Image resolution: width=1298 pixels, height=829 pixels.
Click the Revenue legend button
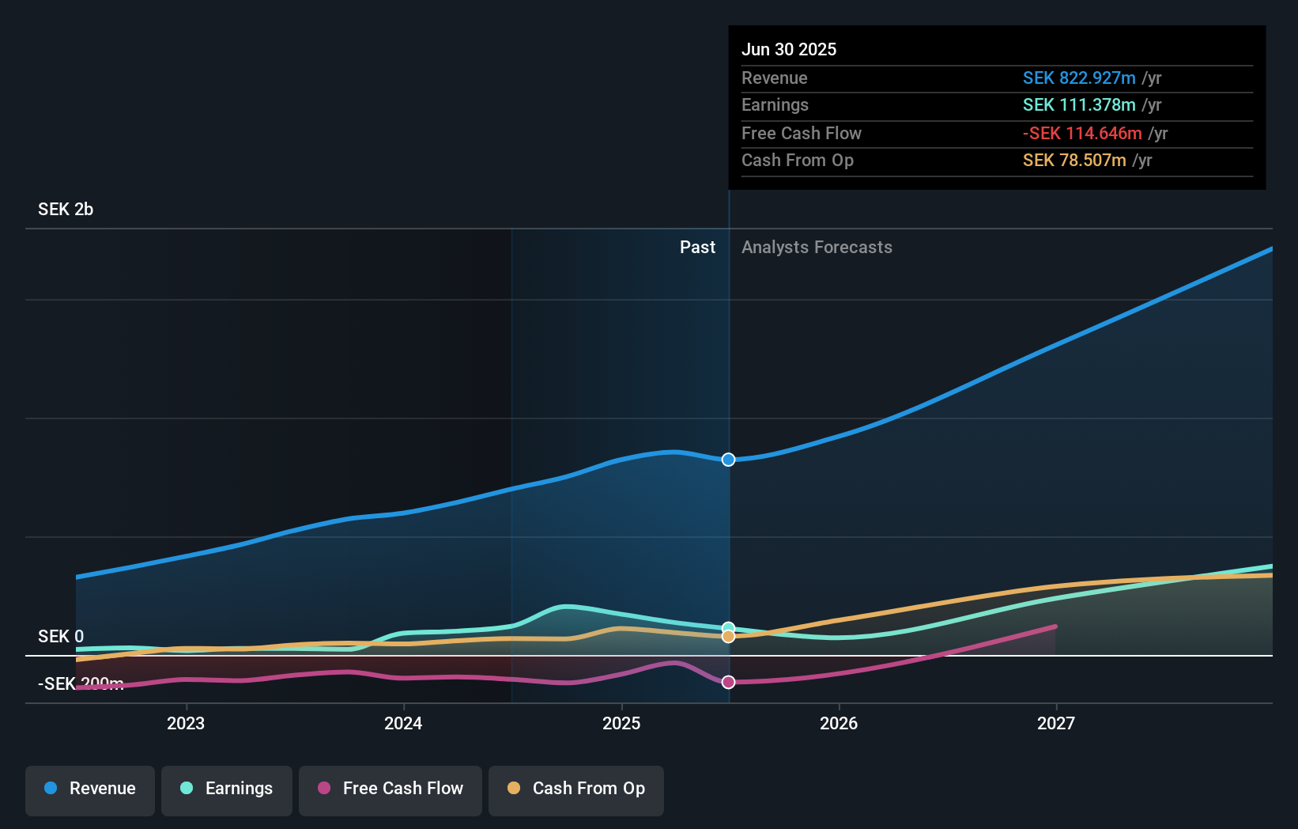(x=90, y=789)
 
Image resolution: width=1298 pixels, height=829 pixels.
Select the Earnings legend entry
(x=227, y=789)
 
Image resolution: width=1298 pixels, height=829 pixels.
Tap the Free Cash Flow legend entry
(x=391, y=789)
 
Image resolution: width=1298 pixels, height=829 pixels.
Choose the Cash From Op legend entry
(x=576, y=789)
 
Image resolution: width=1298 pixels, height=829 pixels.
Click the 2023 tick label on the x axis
(x=186, y=723)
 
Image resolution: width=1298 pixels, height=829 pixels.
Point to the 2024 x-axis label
(x=403, y=723)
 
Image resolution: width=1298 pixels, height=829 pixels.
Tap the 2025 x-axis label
(x=621, y=723)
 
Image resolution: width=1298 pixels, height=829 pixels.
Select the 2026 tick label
(x=839, y=723)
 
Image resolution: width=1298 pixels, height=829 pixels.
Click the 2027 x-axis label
(x=1056, y=723)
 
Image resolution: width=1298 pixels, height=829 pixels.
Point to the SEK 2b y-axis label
(x=66, y=210)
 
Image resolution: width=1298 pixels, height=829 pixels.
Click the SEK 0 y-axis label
(x=61, y=637)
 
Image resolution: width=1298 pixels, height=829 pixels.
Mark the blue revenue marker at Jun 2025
(x=729, y=460)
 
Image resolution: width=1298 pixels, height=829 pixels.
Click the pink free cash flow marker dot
(x=729, y=682)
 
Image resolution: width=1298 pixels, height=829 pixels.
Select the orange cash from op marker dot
(x=729, y=637)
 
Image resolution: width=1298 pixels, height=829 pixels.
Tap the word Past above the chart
(x=697, y=248)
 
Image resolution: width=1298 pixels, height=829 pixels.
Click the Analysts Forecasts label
(x=817, y=248)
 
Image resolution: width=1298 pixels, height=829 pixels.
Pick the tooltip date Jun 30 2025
(x=789, y=49)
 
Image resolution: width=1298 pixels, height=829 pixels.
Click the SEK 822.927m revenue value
(x=1079, y=78)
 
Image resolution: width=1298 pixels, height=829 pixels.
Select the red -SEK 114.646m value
(x=1082, y=134)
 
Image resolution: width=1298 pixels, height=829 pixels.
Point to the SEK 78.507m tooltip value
(x=1074, y=161)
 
